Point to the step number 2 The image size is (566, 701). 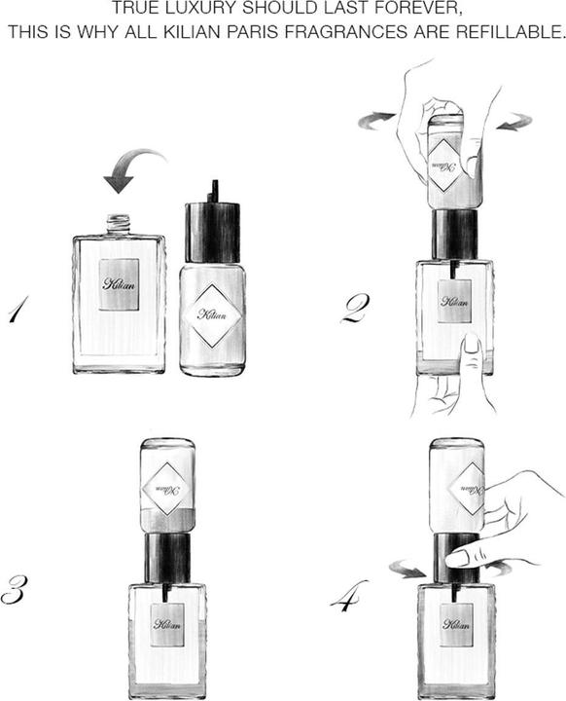click(x=357, y=310)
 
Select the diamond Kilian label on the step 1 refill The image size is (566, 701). click(x=213, y=314)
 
